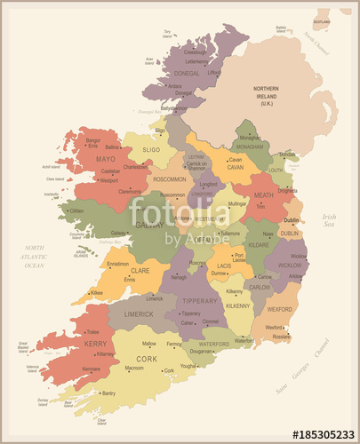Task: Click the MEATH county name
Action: tap(264, 195)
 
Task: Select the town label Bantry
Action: tap(108, 392)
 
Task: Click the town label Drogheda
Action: tap(288, 190)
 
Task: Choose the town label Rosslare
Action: tap(282, 337)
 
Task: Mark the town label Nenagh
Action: tap(180, 277)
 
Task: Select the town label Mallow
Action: tap(149, 343)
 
